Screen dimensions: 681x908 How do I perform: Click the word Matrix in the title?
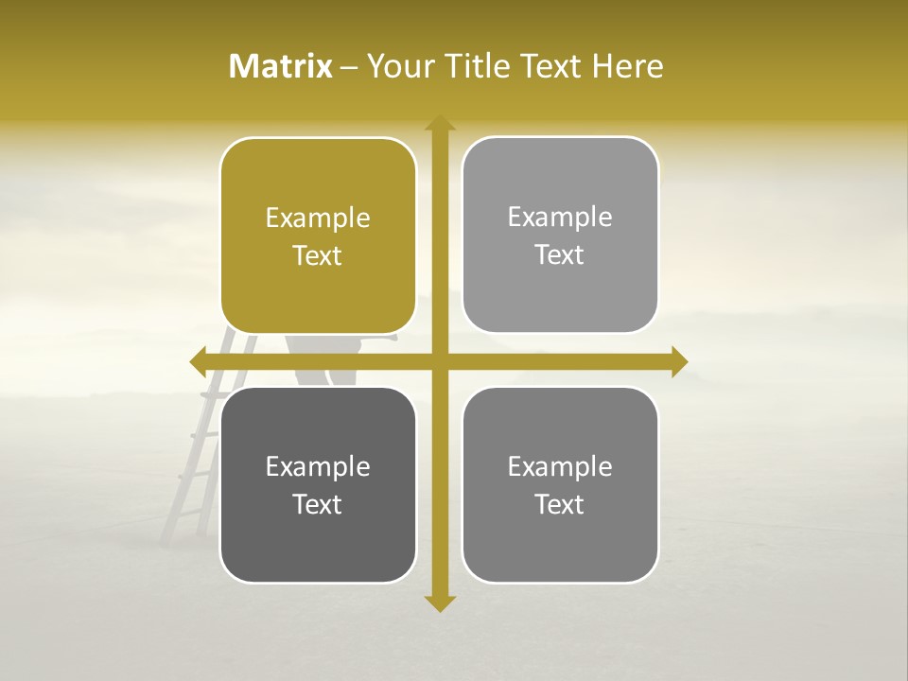281,66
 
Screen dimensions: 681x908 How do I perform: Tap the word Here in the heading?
627,66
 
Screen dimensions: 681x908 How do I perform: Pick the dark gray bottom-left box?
318,539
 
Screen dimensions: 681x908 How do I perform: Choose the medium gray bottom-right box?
560,539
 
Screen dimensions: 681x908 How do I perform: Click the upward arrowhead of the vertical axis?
440,123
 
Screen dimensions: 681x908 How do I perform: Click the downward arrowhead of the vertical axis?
440,603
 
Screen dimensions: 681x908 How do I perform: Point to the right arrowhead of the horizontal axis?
679,361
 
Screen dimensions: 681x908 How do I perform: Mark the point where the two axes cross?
440,361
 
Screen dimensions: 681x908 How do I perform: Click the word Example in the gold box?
318,218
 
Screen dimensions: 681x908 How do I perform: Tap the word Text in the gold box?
318,256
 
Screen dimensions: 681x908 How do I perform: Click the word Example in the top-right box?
560,218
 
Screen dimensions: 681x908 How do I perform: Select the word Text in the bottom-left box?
318,505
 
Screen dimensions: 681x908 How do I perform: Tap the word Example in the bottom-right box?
560,467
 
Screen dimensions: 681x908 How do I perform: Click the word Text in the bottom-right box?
560,505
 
